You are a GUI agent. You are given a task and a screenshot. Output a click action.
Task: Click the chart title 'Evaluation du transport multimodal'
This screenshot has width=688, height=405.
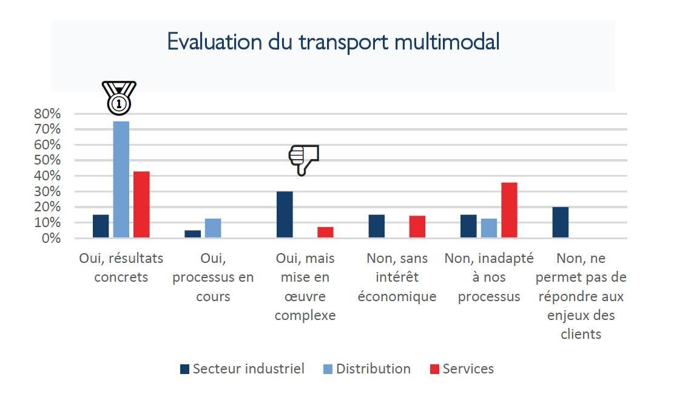(333, 42)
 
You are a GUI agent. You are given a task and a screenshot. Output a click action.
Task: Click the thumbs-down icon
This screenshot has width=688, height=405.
(303, 160)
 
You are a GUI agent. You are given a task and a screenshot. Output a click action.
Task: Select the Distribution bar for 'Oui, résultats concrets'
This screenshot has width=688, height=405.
(121, 179)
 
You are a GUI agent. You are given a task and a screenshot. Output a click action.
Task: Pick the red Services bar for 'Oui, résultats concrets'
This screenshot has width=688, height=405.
(141, 204)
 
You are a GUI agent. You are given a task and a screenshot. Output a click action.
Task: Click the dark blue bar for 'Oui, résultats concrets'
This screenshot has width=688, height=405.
(101, 226)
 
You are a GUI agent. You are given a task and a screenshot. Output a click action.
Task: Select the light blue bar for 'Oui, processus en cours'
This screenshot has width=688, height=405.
(213, 228)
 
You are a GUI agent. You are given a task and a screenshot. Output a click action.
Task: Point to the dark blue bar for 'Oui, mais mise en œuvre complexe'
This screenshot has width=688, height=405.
(285, 214)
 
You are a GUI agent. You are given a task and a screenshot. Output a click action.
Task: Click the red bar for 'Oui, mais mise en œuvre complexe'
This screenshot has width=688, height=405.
(325, 232)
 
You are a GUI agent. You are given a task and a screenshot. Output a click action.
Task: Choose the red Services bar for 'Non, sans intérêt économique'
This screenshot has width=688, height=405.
(417, 226)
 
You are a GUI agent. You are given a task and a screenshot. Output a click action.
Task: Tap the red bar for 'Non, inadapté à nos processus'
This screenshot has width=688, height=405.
(509, 209)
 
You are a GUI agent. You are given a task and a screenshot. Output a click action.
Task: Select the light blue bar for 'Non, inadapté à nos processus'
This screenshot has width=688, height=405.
(489, 228)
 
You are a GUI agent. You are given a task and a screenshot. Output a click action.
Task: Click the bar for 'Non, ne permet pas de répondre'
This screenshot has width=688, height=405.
(561, 222)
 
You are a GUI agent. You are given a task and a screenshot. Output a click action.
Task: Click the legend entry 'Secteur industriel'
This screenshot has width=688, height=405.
(243, 369)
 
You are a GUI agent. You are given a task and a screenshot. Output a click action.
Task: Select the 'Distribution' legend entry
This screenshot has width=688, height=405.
(367, 369)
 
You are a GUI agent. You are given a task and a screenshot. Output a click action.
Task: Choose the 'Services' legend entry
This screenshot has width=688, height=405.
(462, 369)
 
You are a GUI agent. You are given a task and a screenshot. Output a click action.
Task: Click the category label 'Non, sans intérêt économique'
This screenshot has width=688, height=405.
(397, 277)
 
